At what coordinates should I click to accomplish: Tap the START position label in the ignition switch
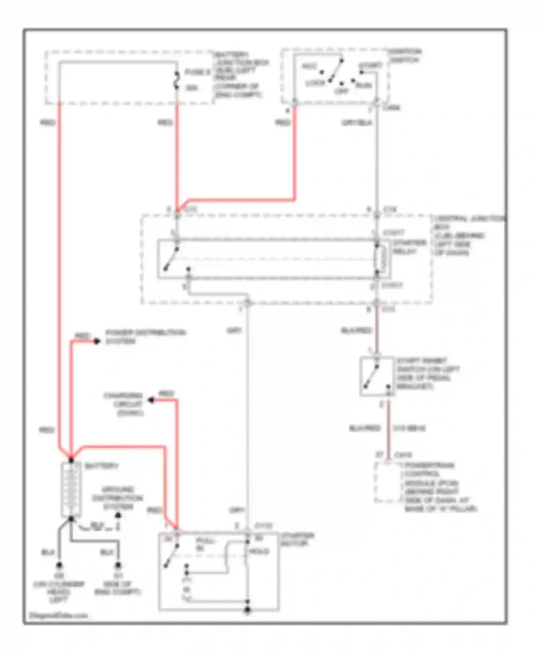click(x=370, y=66)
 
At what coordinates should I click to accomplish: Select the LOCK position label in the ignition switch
click(x=315, y=83)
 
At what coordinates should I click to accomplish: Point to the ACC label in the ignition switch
click(x=309, y=66)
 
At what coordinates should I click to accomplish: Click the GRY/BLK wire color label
click(x=356, y=123)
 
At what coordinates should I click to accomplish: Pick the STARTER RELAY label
click(x=409, y=247)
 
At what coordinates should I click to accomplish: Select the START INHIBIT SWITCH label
click(x=427, y=373)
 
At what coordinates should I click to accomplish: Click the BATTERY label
click(x=101, y=466)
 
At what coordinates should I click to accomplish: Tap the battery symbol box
click(x=71, y=489)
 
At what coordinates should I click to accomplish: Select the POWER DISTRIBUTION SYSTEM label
click(x=145, y=337)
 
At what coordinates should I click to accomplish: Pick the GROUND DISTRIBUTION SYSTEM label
click(x=117, y=498)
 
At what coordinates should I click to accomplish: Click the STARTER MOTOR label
click(x=297, y=539)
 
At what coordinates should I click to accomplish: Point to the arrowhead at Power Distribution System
click(x=97, y=341)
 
